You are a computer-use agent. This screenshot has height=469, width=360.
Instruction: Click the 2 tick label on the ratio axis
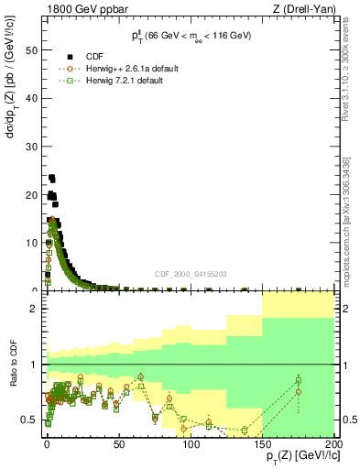(x=37, y=310)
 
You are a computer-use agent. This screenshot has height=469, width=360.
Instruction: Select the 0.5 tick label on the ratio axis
(x=33, y=420)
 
